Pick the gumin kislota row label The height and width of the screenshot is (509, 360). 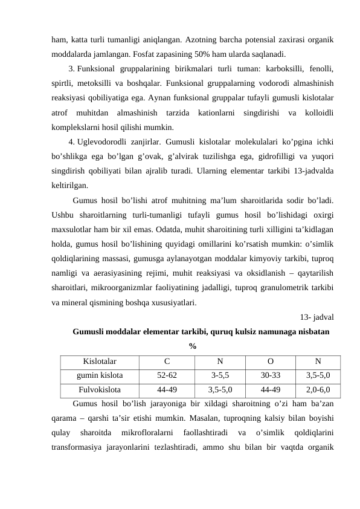pos(100,375)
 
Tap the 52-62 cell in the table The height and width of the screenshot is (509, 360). pos(167,375)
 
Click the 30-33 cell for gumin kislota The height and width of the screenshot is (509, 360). pos(270,375)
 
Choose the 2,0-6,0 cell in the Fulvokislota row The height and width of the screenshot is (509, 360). pos(318,389)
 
